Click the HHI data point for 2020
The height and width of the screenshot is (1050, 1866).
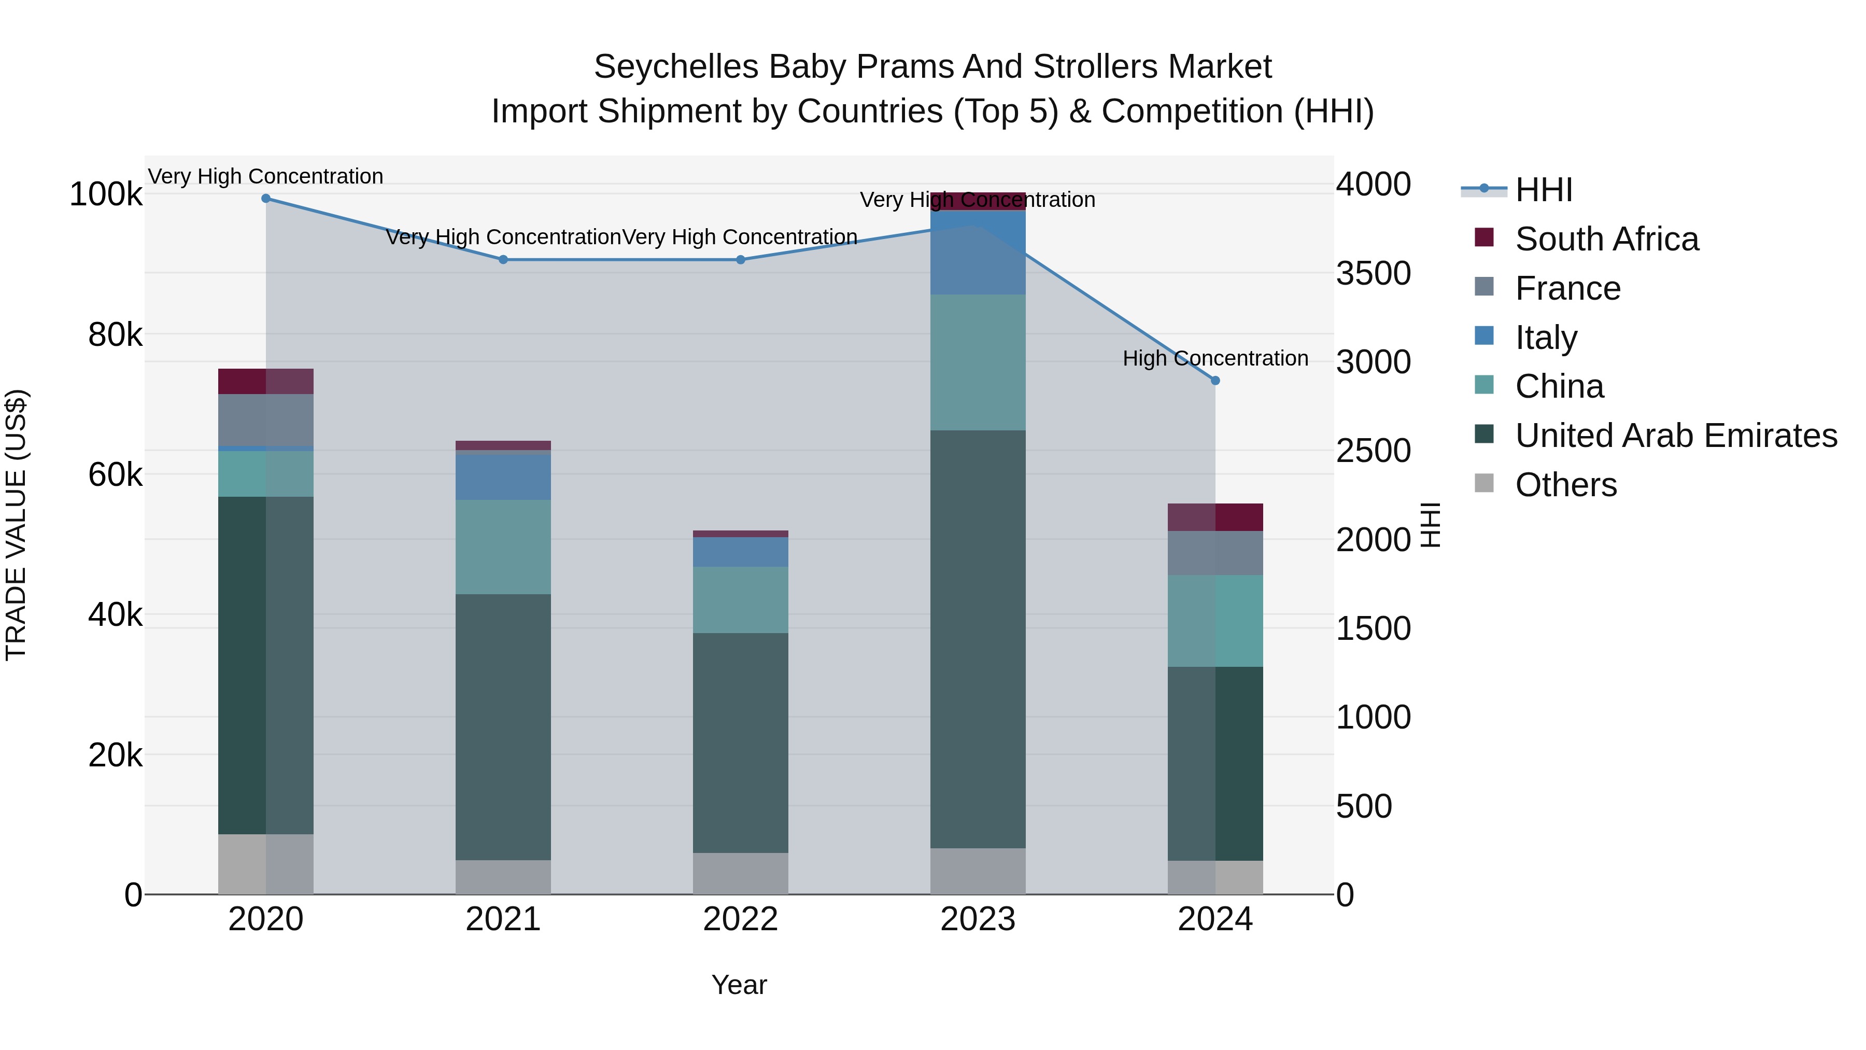point(266,199)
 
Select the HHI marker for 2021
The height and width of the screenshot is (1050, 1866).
point(503,259)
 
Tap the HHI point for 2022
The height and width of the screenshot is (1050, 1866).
point(740,259)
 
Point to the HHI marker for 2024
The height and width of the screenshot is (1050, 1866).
point(1215,381)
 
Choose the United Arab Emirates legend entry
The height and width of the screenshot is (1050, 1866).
point(1675,436)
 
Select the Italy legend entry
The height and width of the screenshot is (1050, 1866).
point(1546,338)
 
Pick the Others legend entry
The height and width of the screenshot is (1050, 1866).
point(1565,485)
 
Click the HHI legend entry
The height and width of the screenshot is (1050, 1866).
point(1543,190)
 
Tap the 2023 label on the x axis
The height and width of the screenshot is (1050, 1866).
point(978,919)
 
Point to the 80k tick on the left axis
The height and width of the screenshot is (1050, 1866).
point(115,335)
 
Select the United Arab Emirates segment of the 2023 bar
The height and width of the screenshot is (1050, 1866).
point(978,638)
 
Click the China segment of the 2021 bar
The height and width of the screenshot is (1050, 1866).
point(503,547)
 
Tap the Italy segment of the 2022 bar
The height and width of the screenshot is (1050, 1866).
point(740,552)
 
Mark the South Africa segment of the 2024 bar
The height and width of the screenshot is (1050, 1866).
point(1215,517)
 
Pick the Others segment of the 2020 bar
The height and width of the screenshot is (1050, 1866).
point(266,864)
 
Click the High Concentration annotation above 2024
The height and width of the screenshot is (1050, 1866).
point(1215,359)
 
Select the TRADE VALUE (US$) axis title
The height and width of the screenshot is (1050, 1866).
point(16,525)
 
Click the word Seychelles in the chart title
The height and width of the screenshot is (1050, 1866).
point(677,67)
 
